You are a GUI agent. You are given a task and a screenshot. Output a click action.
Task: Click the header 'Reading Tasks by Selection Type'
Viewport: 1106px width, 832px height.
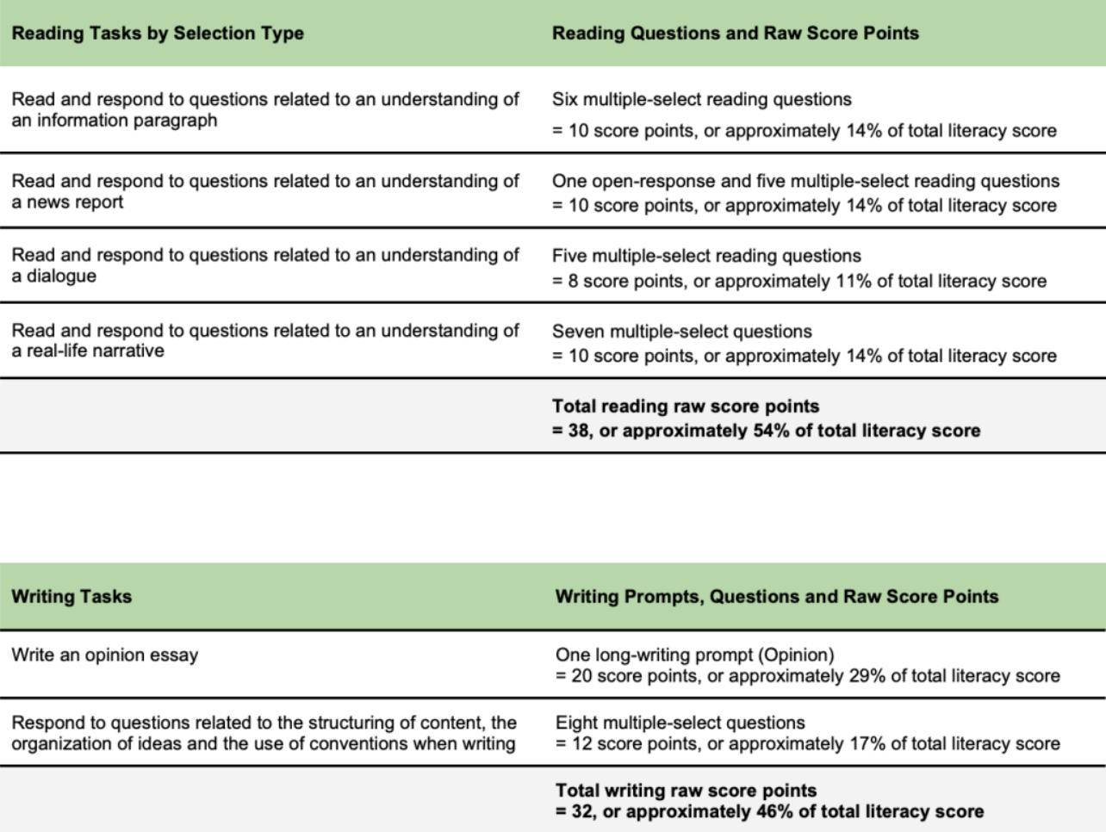click(x=158, y=34)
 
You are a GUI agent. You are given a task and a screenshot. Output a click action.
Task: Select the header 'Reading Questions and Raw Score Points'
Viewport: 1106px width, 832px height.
click(x=735, y=34)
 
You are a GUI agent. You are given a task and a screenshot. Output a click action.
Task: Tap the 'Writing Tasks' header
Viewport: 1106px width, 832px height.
click(x=71, y=596)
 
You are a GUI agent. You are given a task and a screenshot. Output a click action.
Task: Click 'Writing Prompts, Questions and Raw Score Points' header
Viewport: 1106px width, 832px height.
click(x=776, y=596)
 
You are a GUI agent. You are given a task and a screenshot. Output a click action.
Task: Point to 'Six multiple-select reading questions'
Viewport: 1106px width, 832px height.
click(x=701, y=99)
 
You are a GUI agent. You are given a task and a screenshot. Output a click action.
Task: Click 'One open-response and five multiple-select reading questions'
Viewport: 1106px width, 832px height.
click(x=805, y=181)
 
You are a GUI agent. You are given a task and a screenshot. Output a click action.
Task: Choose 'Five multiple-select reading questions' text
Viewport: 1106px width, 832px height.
click(x=706, y=256)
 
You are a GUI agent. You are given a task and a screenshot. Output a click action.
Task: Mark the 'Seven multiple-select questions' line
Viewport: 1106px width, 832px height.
click(x=681, y=332)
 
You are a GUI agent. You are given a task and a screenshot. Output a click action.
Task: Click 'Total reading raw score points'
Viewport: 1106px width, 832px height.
click(x=685, y=407)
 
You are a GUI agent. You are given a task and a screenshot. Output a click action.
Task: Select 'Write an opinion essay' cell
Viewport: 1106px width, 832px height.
click(x=104, y=655)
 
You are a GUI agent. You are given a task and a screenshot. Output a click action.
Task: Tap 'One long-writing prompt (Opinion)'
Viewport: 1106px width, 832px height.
click(x=694, y=655)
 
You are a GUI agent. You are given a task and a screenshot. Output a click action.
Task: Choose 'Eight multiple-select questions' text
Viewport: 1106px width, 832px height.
click(x=680, y=723)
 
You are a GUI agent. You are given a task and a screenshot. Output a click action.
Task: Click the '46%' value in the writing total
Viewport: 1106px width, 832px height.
click(x=774, y=811)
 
